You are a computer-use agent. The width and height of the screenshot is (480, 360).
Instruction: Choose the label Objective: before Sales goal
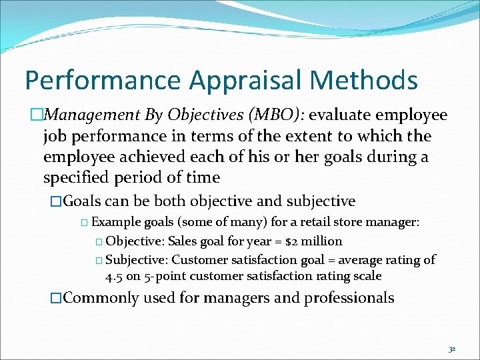coord(135,241)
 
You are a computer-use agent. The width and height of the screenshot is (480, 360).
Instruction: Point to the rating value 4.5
coord(114,275)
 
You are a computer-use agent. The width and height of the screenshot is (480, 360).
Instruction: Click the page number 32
coord(451,349)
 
